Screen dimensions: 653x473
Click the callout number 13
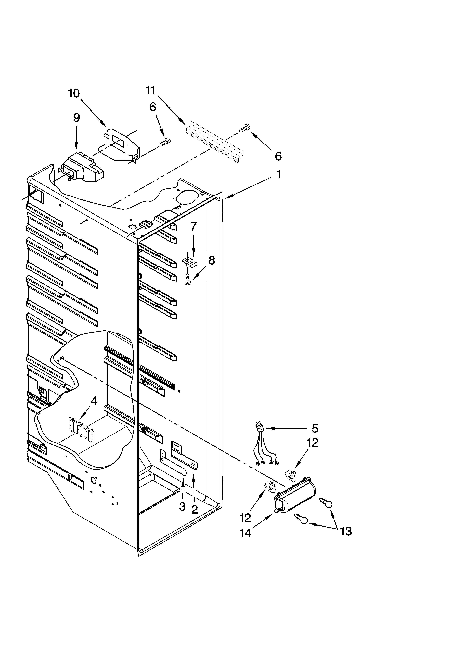(345, 531)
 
